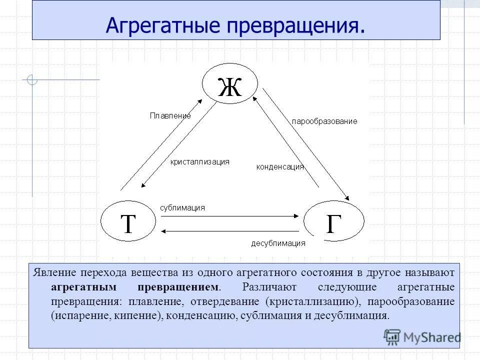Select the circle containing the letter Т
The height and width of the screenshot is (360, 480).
(x=128, y=222)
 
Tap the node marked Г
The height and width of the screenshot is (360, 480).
(x=334, y=222)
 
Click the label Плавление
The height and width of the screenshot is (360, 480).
(x=170, y=115)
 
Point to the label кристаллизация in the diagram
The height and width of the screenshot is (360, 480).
(x=199, y=161)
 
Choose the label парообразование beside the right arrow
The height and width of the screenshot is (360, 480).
(x=324, y=121)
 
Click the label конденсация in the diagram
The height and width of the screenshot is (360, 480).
(x=280, y=167)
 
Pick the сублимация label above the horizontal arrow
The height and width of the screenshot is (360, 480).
(x=182, y=207)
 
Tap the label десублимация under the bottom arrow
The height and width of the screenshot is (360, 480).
(x=278, y=243)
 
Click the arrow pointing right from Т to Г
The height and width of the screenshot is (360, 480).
(x=230, y=216)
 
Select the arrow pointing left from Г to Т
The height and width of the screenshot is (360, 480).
(x=230, y=230)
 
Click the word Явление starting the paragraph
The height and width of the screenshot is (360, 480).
(x=54, y=273)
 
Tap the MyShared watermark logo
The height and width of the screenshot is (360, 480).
(x=422, y=336)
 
